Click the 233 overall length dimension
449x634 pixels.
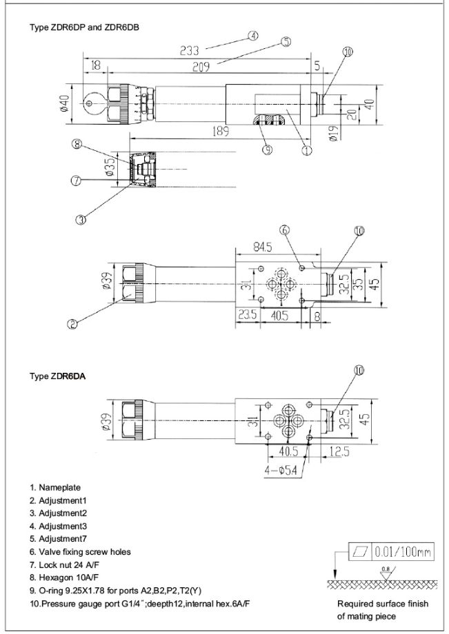[x=189, y=50]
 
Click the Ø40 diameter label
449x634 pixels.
[x=63, y=102]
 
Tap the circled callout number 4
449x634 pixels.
[x=255, y=35]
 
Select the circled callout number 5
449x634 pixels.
[x=286, y=42]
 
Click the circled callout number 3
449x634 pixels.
[x=81, y=220]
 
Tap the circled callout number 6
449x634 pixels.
[x=285, y=230]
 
